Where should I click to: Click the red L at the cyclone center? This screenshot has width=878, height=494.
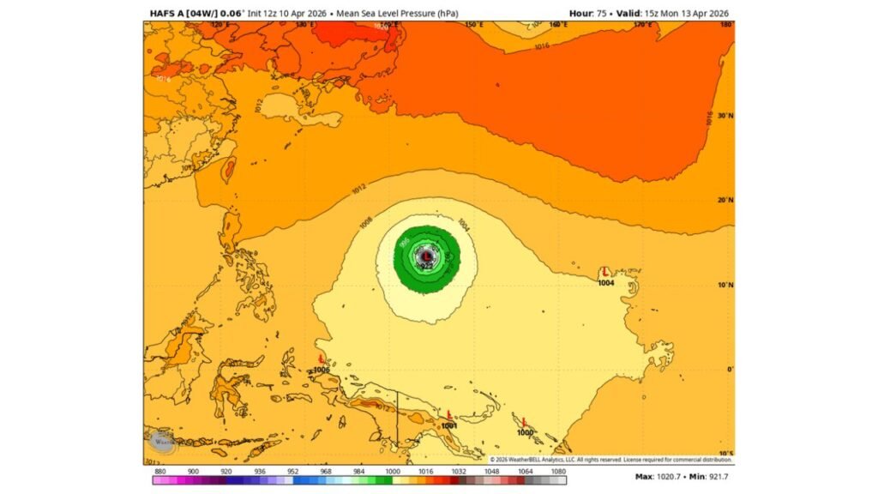pos(427,255)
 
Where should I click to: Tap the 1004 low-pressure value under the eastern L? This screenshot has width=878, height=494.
pos(606,282)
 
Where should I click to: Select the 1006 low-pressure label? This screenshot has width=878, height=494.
pos(322,370)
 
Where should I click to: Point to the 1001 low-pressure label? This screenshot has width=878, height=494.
pos(448,425)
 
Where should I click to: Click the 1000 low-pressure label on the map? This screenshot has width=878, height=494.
pos(525,432)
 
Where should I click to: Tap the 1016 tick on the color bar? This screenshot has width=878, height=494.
pos(423,472)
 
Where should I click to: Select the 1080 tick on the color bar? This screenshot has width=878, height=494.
pos(557,472)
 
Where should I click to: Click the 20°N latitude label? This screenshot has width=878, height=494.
pos(725,200)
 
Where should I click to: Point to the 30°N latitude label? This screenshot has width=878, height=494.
pos(725,115)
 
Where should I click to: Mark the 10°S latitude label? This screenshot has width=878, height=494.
pos(725,453)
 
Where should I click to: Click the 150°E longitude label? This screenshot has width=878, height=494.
pos(473,26)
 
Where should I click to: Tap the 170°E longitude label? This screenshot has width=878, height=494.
pos(644,26)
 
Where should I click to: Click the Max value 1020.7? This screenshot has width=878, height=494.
pos(668,477)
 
